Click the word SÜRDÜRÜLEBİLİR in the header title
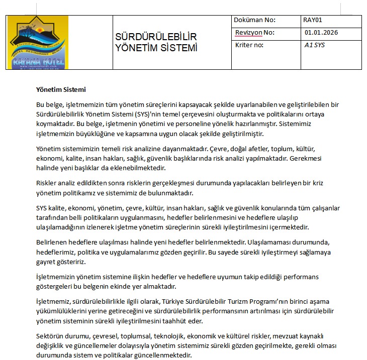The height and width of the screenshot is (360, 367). point(156,38)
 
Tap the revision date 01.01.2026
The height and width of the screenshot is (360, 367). point(321,33)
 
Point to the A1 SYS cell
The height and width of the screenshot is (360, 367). point(315,45)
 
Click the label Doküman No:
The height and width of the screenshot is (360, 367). point(255,21)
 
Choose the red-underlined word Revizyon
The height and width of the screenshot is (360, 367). point(248,33)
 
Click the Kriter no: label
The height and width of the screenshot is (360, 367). point(249,45)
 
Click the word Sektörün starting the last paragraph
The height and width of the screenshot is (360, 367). point(49,336)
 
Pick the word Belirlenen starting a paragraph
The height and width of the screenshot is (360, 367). point(52,242)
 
